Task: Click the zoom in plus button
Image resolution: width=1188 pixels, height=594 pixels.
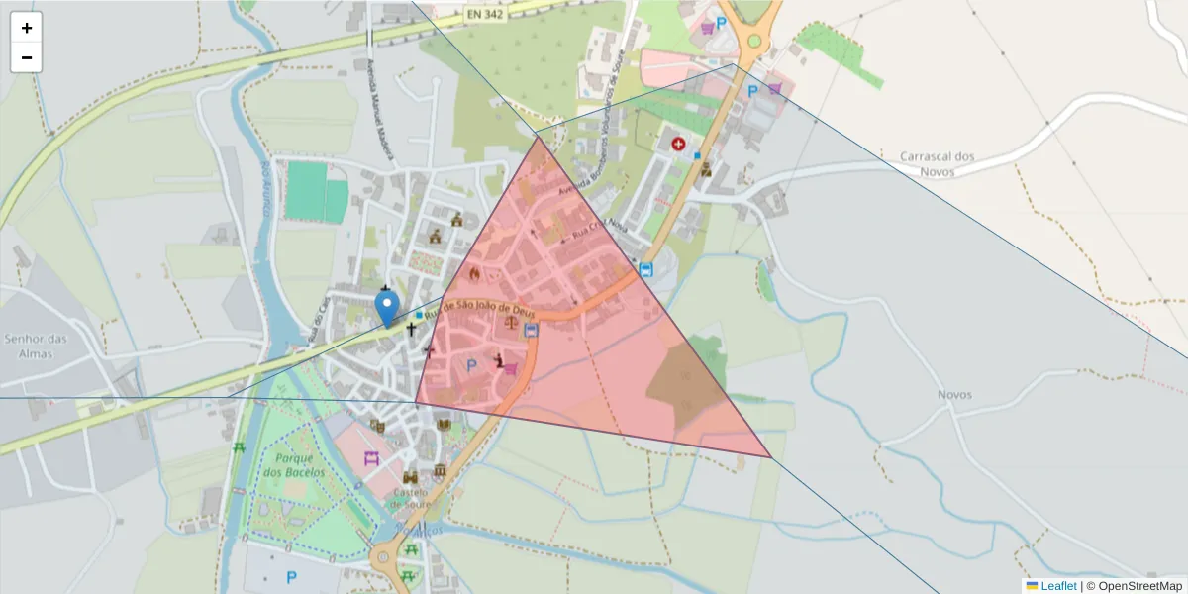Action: (26, 28)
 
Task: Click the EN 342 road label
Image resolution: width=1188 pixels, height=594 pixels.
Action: (486, 15)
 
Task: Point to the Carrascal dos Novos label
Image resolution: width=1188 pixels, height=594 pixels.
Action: (938, 163)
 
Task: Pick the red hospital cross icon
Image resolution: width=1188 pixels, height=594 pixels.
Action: (678, 145)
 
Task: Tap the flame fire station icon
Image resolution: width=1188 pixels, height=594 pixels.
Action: (475, 273)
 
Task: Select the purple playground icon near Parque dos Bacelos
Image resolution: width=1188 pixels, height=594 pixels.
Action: (371, 458)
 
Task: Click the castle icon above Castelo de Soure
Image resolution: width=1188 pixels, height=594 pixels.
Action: (410, 476)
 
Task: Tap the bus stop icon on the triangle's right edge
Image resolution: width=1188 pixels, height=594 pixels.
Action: (646, 269)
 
